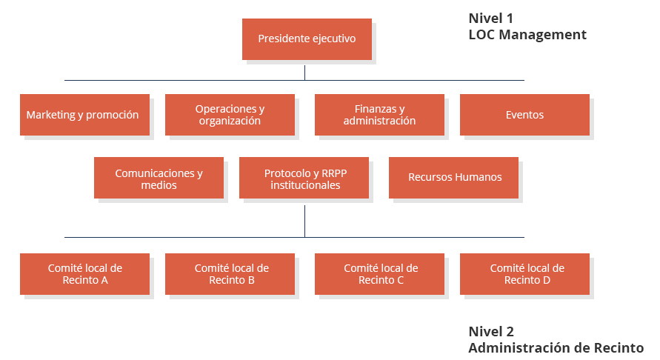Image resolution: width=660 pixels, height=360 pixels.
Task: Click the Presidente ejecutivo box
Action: click(x=307, y=39)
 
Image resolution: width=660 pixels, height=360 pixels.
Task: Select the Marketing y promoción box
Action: click(x=84, y=115)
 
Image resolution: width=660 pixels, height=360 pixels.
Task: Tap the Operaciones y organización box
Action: click(x=230, y=115)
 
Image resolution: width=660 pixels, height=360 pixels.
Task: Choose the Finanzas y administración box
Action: click(x=380, y=115)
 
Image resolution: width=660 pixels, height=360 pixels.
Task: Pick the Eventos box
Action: click(x=525, y=115)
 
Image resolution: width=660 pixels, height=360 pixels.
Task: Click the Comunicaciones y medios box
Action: click(x=159, y=178)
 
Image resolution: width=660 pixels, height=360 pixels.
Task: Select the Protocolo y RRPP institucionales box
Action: click(x=304, y=178)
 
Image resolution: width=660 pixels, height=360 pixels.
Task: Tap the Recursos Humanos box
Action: click(x=454, y=178)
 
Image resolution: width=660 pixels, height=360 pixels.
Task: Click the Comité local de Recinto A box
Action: click(x=84, y=274)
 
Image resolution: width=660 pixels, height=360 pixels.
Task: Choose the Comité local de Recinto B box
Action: click(x=230, y=274)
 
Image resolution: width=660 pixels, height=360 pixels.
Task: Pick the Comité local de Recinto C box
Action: click(x=380, y=274)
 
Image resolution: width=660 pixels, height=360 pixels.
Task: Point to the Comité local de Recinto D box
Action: click(x=525, y=274)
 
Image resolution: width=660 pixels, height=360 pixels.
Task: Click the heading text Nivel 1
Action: click(x=491, y=19)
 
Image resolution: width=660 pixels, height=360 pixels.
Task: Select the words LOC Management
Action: click(x=527, y=35)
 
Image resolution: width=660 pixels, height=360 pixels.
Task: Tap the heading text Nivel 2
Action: click(x=491, y=332)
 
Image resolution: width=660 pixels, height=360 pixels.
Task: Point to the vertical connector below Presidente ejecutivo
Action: click(x=304, y=73)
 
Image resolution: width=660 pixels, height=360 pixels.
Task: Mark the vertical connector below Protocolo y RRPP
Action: click(x=304, y=221)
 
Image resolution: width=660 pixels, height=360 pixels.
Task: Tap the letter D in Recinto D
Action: click(x=547, y=280)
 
